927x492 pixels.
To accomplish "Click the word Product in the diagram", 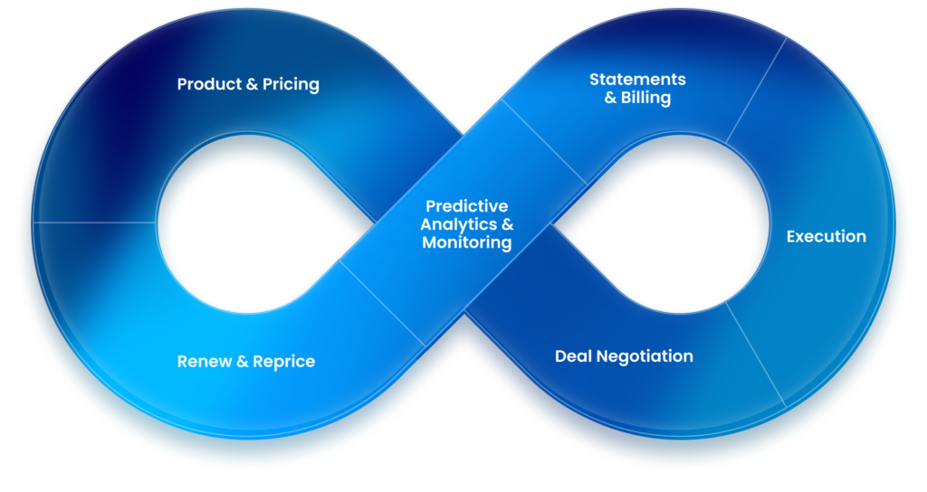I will [207, 84].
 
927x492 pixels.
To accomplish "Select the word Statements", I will [637, 79].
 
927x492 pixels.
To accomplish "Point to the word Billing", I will [645, 98].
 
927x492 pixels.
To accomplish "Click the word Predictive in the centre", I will [467, 205].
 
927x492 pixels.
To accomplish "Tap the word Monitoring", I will [467, 242].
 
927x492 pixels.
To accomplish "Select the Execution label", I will [826, 236].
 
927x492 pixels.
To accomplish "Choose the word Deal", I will [574, 356].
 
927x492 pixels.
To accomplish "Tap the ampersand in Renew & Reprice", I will [242, 362].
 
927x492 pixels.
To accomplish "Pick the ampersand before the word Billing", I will [610, 98].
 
